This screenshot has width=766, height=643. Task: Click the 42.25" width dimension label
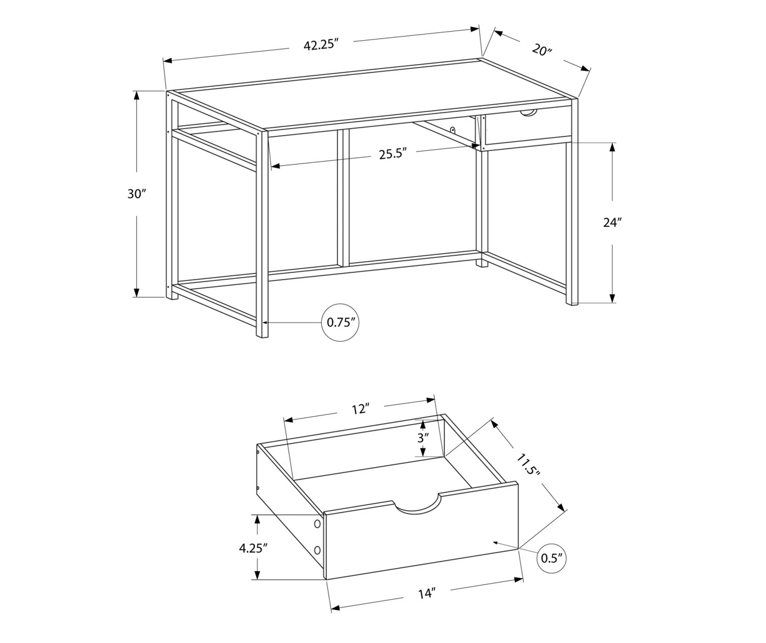click(321, 45)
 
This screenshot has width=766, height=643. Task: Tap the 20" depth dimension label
click(542, 50)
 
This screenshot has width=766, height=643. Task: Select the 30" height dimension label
click(136, 194)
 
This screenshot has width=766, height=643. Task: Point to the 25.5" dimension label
click(393, 154)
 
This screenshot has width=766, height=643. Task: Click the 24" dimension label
click(612, 222)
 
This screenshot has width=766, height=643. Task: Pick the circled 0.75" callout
click(342, 322)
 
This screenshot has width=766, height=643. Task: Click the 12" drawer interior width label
click(359, 409)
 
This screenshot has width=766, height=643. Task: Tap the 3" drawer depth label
click(424, 438)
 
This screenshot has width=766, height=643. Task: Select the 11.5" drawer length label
click(529, 465)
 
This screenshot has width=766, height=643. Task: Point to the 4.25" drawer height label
click(253, 547)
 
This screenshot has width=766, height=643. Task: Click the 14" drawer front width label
click(426, 593)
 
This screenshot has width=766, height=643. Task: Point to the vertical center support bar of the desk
click(343, 198)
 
